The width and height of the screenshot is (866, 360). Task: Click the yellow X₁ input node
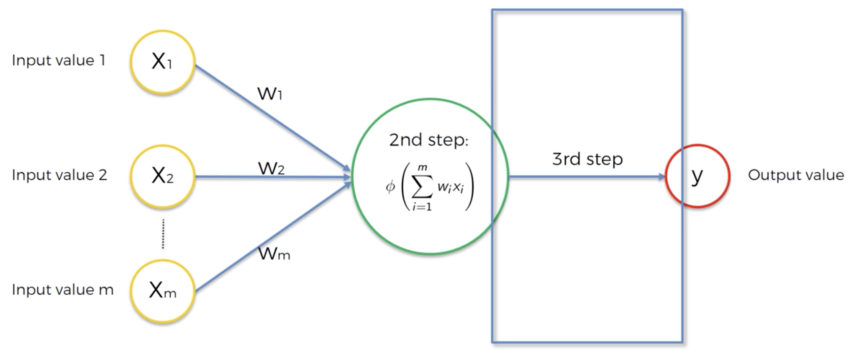pos(162,62)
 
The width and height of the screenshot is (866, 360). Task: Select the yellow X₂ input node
pos(162,176)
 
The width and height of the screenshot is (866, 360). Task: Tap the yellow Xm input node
pos(162,291)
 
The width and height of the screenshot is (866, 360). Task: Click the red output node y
pos(698,176)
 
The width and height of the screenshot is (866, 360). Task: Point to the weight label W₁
pos(270,93)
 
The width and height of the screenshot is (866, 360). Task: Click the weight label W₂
pos(271,168)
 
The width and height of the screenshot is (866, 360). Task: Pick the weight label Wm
pos(274,253)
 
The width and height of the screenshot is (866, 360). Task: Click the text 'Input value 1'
pos(59,61)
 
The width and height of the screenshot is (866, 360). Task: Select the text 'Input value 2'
pos(59,175)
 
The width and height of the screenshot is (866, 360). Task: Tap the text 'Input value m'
pos(63,290)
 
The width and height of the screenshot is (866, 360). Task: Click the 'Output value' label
pos(796,175)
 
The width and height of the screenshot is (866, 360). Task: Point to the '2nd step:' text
pos(429,140)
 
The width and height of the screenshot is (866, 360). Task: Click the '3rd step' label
pos(587,159)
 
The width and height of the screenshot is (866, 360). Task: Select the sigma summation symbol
pos(422,186)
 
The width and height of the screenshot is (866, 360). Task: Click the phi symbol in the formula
pos(390,186)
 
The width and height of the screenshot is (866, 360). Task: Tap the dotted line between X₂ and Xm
pos(163,234)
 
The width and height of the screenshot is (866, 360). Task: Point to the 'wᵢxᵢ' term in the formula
pos(451,187)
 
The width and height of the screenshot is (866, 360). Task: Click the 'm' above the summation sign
pos(422,168)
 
